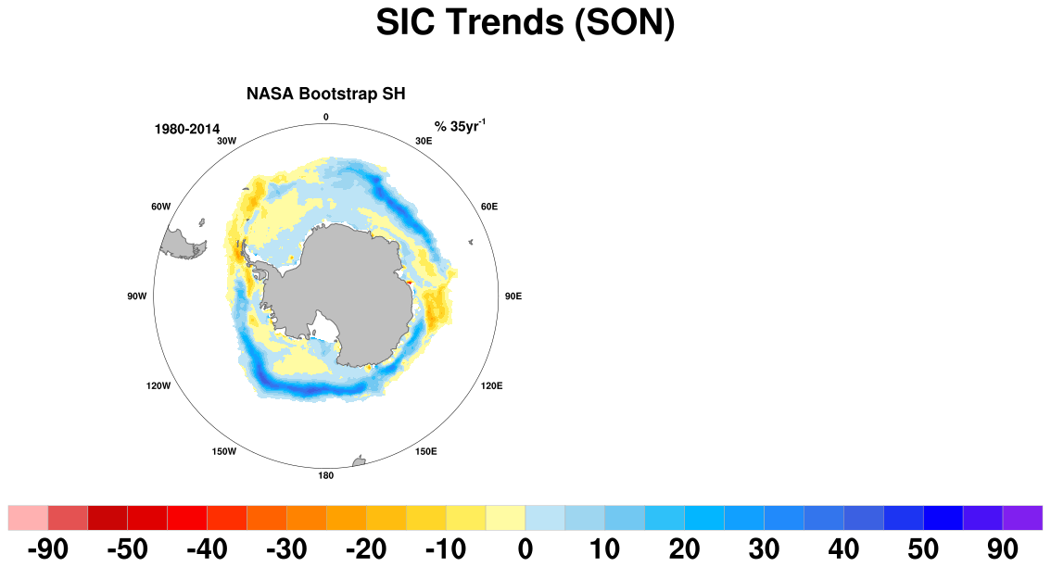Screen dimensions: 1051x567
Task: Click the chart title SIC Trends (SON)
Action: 525,22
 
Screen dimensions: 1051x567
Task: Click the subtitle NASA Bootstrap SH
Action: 325,94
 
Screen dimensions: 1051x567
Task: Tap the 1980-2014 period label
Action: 187,130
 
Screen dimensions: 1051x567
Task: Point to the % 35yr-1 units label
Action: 460,126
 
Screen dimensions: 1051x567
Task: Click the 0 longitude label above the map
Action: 325,118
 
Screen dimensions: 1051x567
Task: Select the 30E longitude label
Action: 424,141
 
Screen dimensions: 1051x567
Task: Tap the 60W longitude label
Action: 161,207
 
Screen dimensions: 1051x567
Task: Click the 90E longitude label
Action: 513,296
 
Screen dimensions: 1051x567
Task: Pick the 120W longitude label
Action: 158,386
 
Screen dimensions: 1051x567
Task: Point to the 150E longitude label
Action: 425,452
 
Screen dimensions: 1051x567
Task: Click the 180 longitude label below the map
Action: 325,476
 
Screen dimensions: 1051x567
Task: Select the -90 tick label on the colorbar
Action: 47,549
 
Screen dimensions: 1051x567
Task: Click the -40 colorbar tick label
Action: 207,549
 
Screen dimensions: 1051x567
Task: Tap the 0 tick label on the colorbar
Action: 525,549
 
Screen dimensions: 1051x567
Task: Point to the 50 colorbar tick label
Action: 923,549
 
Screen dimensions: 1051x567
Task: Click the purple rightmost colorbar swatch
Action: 1022,518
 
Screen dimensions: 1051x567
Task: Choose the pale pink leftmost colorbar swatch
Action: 28,518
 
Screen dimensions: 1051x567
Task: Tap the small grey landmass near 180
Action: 359,461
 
